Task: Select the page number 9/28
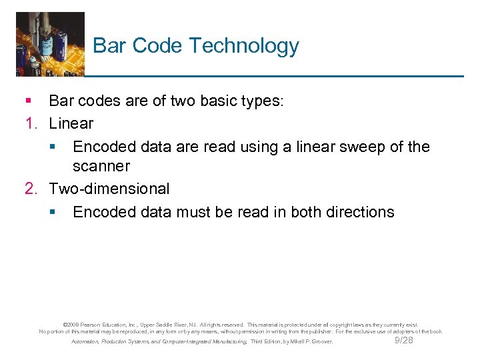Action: pyautogui.click(x=404, y=340)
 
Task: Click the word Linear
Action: pyautogui.click(x=71, y=123)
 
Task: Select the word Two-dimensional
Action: pyautogui.click(x=109, y=189)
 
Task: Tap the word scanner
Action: pyautogui.click(x=101, y=165)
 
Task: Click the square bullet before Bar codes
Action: pyautogui.click(x=29, y=101)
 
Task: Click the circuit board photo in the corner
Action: pyautogui.click(x=50, y=43)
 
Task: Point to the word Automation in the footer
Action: pyautogui.click(x=85, y=341)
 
